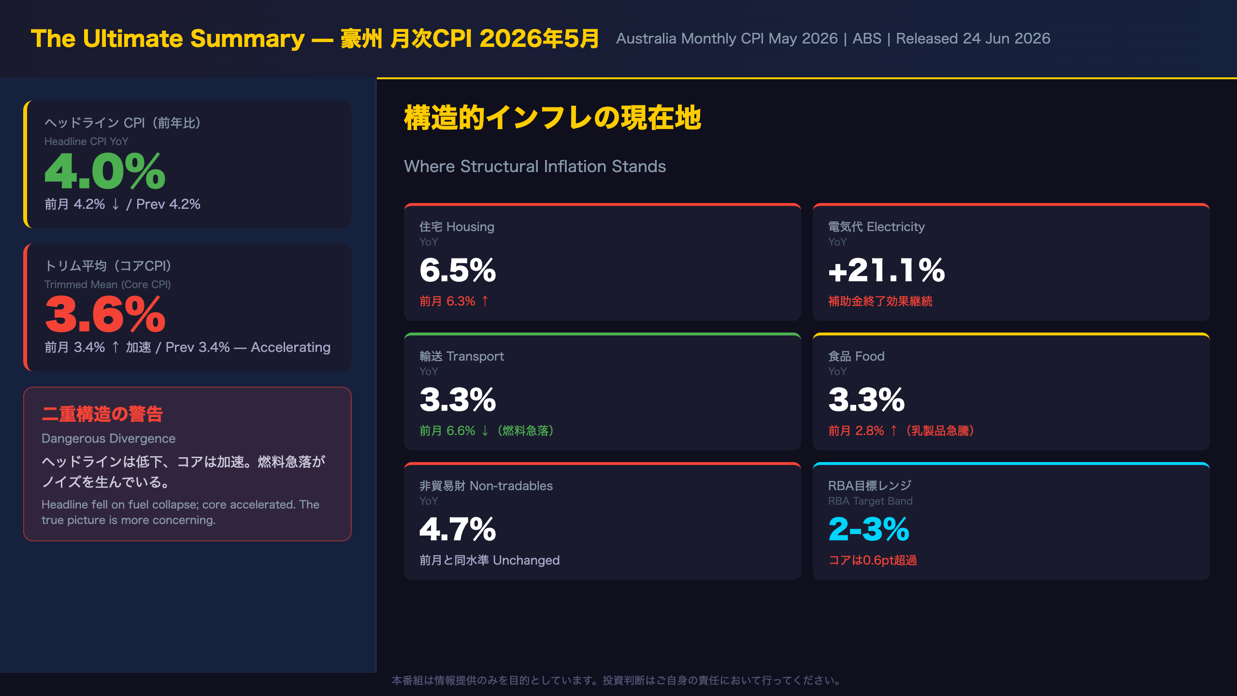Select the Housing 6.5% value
[458, 270]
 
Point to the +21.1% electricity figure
[887, 270]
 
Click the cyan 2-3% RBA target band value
[869, 529]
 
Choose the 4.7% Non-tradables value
[458, 529]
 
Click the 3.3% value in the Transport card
[458, 399]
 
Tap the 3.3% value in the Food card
[866, 399]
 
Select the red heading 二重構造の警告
[102, 414]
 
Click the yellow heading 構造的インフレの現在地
[552, 117]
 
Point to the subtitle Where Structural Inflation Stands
[535, 166]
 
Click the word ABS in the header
[867, 39]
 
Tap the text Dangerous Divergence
[108, 438]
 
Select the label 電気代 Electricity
[876, 227]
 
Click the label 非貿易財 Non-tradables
[486, 486]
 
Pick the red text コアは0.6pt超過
[872, 560]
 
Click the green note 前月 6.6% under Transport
[447, 431]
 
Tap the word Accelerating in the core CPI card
[290, 347]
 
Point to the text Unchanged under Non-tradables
[526, 560]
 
